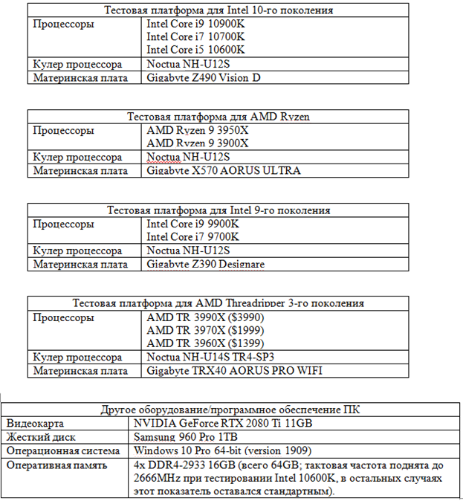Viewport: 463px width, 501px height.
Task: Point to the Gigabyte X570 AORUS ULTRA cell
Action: [x=224, y=171]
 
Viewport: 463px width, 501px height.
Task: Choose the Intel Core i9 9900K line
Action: [x=192, y=224]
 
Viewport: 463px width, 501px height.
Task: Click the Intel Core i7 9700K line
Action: [x=192, y=236]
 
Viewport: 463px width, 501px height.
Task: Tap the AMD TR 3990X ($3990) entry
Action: [x=205, y=317]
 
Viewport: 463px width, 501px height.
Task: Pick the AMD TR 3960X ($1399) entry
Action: [x=205, y=343]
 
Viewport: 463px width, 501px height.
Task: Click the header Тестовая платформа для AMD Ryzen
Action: [x=218, y=117]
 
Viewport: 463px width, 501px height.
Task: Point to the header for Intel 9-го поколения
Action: [x=218, y=210]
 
